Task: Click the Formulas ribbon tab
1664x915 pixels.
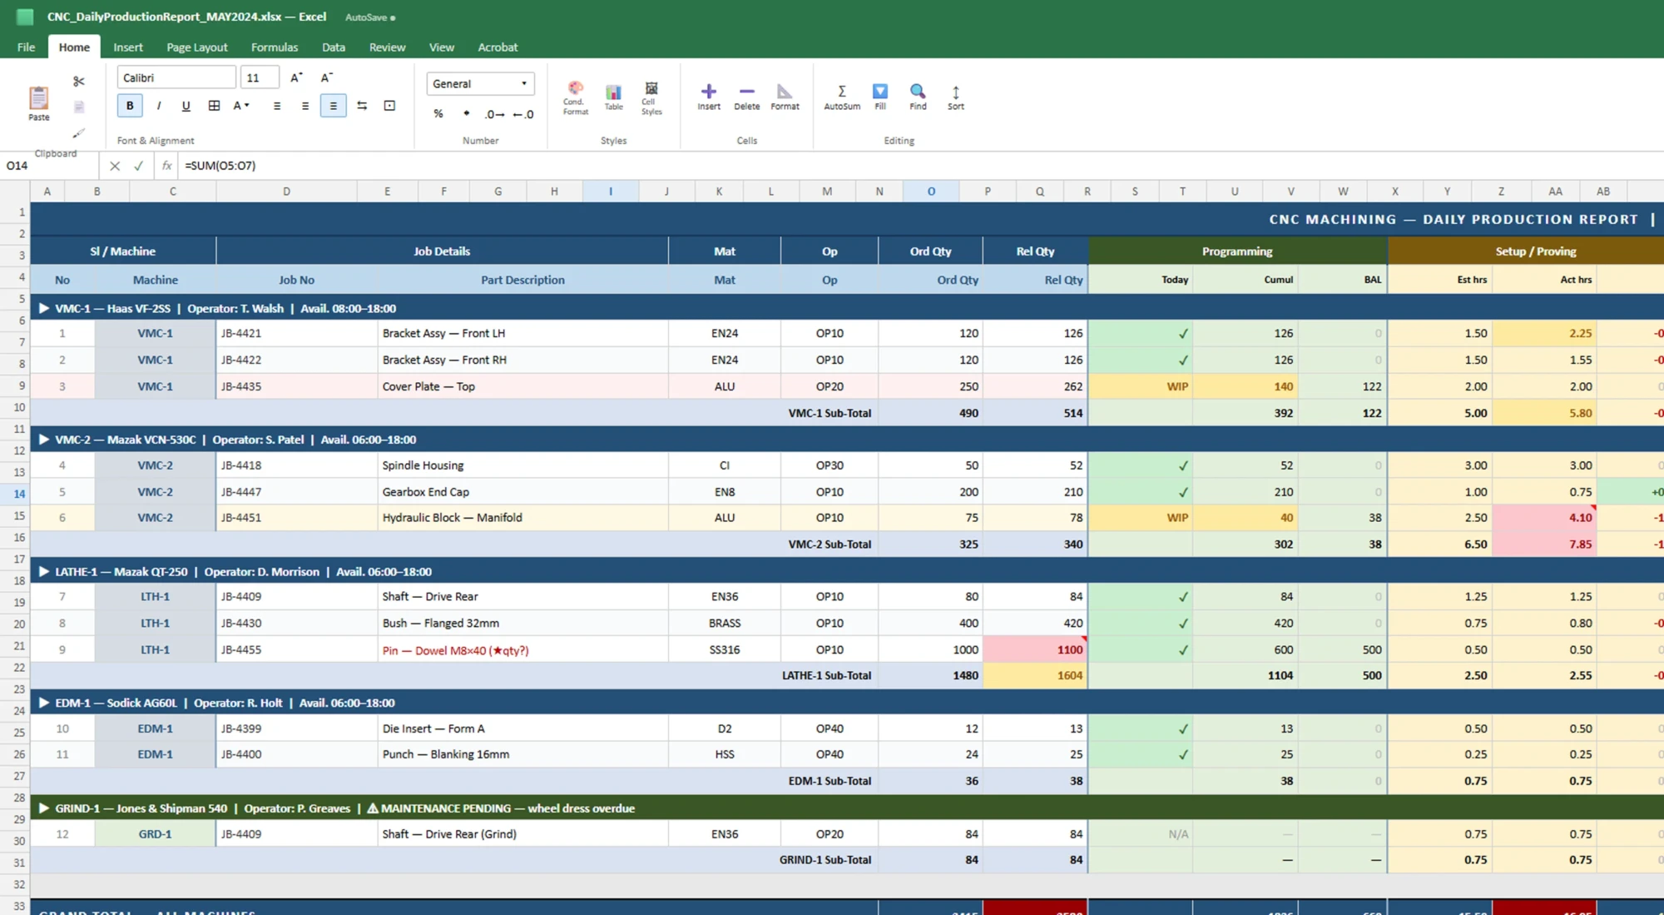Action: (274, 47)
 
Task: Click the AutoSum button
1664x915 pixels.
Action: (841, 97)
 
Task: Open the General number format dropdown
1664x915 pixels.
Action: (480, 83)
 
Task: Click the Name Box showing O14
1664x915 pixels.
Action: (50, 166)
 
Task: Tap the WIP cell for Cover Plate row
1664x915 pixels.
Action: (1176, 386)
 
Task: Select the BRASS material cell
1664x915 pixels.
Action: (724, 624)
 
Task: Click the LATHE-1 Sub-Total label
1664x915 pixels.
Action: (825, 676)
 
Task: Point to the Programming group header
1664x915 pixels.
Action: (1236, 251)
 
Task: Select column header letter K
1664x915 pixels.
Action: (719, 191)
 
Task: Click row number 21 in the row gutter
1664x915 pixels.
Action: (19, 647)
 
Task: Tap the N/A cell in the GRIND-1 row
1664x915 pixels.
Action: (1177, 834)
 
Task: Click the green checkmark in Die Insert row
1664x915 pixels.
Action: (1182, 729)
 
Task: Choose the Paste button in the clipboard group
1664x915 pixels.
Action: (38, 103)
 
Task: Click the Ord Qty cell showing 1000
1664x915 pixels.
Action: (964, 650)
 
